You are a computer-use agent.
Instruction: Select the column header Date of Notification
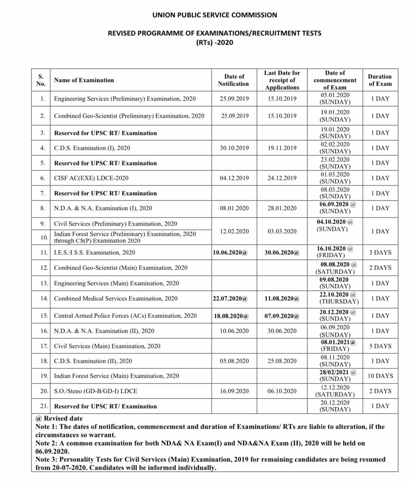pyautogui.click(x=233, y=80)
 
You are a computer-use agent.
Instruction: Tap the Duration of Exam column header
pyautogui.click(x=380, y=80)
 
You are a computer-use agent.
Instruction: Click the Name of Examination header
pyautogui.click(x=84, y=80)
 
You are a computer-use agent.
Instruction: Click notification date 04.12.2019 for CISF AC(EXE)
pyautogui.click(x=233, y=178)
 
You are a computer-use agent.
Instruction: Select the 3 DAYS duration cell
pyautogui.click(x=380, y=253)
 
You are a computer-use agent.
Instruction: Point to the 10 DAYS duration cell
pyautogui.click(x=380, y=376)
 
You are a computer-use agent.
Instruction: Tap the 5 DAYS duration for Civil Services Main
pyautogui.click(x=380, y=346)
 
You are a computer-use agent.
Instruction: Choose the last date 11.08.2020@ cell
pyautogui.click(x=282, y=299)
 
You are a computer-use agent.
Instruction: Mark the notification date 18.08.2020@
pyautogui.click(x=233, y=316)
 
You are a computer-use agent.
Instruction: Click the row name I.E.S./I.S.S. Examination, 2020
pyautogui.click(x=95, y=253)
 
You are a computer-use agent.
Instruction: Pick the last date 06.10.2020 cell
pyautogui.click(x=282, y=391)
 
